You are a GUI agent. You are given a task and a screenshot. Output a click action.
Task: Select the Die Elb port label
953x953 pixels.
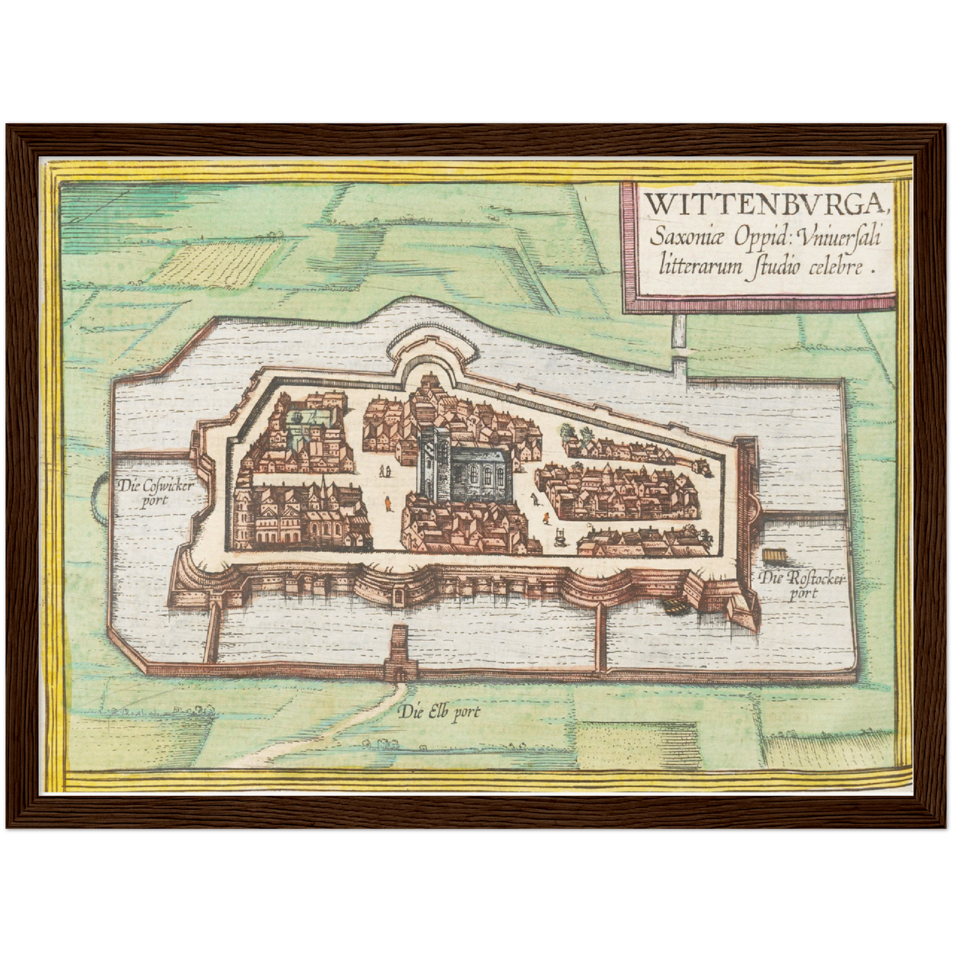coord(440,712)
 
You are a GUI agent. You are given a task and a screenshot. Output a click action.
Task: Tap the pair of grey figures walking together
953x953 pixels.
coord(384,471)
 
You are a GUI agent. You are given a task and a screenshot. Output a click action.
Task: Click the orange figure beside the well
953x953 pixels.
coord(545,518)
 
